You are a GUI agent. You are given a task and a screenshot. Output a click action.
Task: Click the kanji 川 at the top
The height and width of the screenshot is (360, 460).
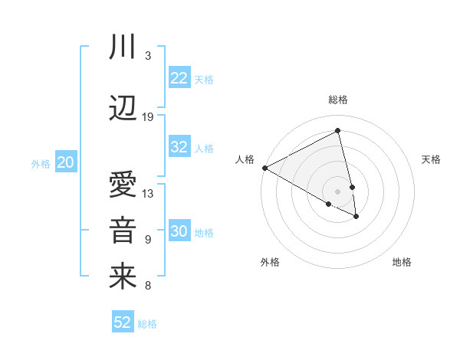click(x=123, y=47)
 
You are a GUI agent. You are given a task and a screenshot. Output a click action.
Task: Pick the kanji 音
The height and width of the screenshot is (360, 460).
click(x=123, y=231)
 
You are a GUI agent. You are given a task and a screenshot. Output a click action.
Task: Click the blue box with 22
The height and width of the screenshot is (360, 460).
click(x=179, y=78)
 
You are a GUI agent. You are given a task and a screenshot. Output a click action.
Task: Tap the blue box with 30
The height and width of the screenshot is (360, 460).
click(x=179, y=232)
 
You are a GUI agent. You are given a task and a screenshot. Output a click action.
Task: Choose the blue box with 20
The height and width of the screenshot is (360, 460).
click(x=66, y=162)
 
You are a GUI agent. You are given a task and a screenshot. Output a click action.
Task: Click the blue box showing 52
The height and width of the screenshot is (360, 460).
click(x=123, y=322)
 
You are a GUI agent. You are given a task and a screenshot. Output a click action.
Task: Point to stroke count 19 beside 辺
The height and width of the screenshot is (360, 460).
click(x=148, y=117)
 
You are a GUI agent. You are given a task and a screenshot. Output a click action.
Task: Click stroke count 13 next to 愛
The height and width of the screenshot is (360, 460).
click(x=148, y=193)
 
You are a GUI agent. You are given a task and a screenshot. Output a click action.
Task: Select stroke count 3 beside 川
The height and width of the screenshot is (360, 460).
click(x=148, y=56)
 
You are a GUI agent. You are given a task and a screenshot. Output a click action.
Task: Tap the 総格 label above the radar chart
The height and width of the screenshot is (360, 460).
click(x=338, y=100)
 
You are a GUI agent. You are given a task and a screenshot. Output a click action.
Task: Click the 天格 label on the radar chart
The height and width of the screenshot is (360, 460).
click(x=431, y=159)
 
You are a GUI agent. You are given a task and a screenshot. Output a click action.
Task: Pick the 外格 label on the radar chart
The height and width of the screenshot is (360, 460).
click(x=270, y=262)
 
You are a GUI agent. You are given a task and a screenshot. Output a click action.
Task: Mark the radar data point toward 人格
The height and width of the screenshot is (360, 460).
click(x=264, y=168)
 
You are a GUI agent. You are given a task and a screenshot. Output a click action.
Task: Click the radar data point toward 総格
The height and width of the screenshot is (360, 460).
click(x=338, y=130)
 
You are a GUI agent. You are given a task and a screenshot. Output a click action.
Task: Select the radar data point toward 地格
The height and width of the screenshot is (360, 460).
click(x=356, y=217)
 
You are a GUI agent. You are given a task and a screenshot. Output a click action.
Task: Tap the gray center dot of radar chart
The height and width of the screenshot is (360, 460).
click(x=338, y=191)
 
